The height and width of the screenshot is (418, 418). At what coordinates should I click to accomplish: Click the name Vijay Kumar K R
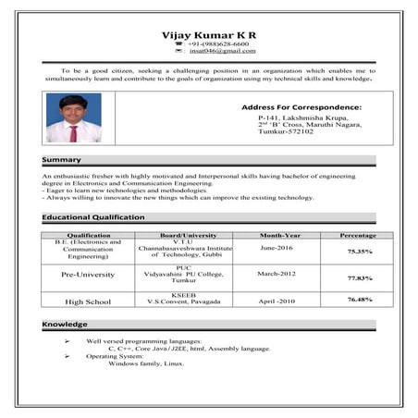pyautogui.click(x=208, y=35)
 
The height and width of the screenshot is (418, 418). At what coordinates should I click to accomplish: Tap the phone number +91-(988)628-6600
pyautogui.click(x=217, y=44)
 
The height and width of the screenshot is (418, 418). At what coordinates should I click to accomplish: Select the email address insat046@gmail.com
pyautogui.click(x=221, y=52)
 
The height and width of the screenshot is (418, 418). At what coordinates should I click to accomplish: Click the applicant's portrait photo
pyautogui.click(x=74, y=118)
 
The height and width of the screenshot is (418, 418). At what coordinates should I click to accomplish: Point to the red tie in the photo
pyautogui.click(x=73, y=133)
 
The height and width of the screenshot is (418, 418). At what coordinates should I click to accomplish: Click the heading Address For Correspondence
pyautogui.click(x=301, y=108)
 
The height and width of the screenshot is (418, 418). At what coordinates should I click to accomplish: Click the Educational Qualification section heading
pyautogui.click(x=93, y=217)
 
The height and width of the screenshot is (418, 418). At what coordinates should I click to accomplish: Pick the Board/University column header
pyautogui.click(x=189, y=235)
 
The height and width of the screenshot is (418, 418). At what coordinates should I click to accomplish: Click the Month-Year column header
pyautogui.click(x=279, y=235)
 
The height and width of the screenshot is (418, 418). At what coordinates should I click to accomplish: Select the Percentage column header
pyautogui.click(x=358, y=235)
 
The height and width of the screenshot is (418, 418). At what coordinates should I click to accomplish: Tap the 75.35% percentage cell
pyautogui.click(x=360, y=252)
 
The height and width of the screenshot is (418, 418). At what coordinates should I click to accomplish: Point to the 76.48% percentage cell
pyautogui.click(x=360, y=300)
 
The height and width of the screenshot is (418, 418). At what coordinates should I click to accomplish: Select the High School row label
pyautogui.click(x=88, y=301)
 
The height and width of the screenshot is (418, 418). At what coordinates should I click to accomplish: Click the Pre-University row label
pyautogui.click(x=89, y=275)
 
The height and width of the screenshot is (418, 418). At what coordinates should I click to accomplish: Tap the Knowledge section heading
pyautogui.click(x=66, y=325)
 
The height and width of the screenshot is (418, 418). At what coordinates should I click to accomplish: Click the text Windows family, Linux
pyautogui.click(x=146, y=363)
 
